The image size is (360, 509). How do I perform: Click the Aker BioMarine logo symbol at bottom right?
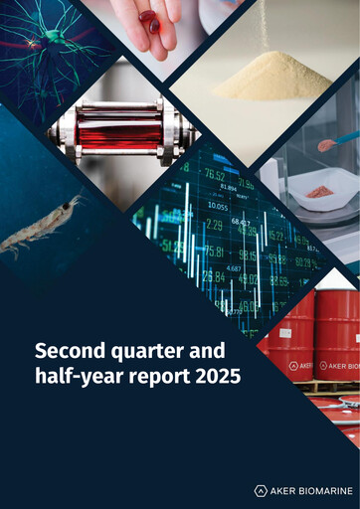261,490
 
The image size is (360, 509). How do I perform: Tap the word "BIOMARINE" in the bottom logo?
320,490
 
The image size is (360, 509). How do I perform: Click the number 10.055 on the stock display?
217,206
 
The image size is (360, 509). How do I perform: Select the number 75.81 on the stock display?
211,252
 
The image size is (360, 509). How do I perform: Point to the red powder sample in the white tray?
321,189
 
